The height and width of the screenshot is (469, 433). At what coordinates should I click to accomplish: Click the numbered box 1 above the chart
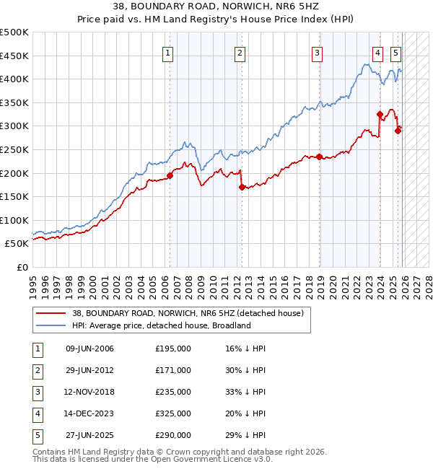pos(167,52)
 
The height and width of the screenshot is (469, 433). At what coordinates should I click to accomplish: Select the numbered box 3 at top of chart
pos(317,52)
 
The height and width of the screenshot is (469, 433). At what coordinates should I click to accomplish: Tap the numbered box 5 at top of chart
pos(396,52)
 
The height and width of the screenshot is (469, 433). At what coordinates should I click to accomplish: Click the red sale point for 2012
pos(242,186)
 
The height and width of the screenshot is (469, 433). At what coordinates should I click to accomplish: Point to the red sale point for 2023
pos(380,114)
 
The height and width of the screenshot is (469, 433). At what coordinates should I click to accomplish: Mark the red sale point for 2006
pos(170,175)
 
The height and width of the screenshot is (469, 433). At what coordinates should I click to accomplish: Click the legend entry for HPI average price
pos(160,325)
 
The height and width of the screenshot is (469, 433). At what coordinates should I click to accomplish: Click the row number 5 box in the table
pos(37,435)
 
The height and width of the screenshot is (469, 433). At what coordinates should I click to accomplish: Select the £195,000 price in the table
pos(173,349)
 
